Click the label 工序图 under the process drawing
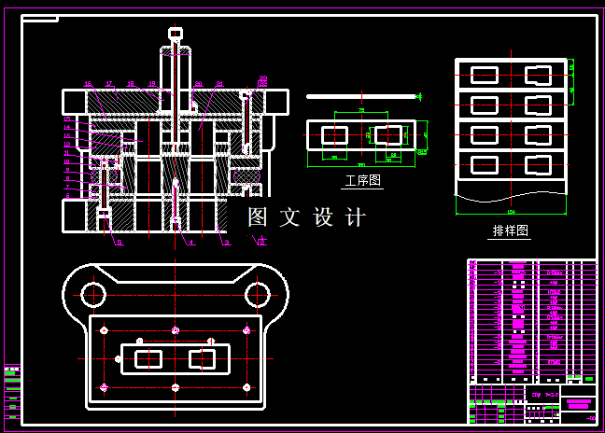[363, 181]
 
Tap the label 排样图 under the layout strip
[511, 230]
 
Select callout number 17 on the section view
[109, 84]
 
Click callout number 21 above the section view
[219, 84]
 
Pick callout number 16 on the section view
[88, 84]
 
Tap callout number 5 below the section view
[119, 243]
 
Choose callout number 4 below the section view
[190, 243]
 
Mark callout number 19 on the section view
[151, 84]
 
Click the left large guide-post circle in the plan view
[91, 295]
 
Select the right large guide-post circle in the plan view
[257, 295]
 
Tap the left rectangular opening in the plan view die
[148, 358]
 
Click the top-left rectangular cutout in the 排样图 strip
[485, 74]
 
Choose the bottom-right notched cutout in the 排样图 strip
[540, 164]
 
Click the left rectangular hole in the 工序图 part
[334, 135]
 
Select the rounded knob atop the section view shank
[175, 34]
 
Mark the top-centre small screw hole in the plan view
[175, 330]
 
